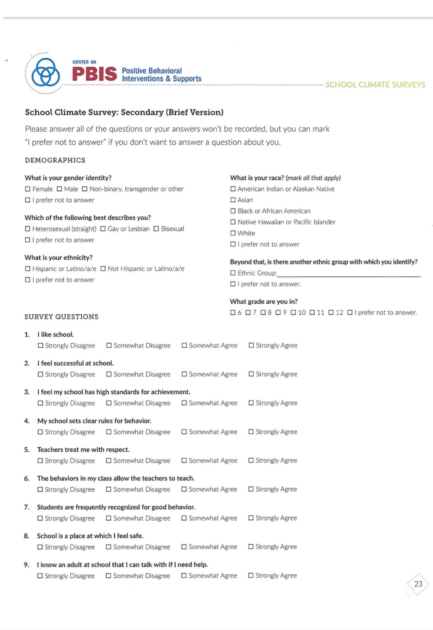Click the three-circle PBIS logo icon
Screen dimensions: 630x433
[x=45, y=72]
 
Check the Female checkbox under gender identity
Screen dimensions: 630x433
[x=28, y=189]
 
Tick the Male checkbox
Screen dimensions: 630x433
[x=59, y=189]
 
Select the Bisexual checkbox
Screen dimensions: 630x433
[x=156, y=229]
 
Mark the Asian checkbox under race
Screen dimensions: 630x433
[x=233, y=200]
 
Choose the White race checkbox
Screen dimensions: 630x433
[x=233, y=233]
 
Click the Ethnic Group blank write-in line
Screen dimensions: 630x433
[x=348, y=273]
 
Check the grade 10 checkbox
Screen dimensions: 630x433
[x=293, y=312]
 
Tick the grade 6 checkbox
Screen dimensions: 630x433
[x=233, y=312]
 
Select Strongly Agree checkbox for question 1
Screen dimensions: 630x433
[x=251, y=345]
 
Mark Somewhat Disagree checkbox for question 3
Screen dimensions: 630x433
[x=109, y=403]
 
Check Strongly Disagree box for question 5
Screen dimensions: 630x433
[x=40, y=461]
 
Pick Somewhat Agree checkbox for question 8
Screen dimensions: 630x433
[x=184, y=547]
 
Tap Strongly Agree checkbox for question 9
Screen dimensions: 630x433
[x=251, y=575]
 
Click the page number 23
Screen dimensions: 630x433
[x=418, y=584]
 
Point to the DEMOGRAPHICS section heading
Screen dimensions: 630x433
[x=55, y=160]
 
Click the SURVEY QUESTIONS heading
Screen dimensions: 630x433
[x=61, y=317]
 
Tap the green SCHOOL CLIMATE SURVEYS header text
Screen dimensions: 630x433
[x=375, y=85]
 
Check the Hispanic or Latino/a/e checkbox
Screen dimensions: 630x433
[x=28, y=269]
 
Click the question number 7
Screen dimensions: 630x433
[x=27, y=507]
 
